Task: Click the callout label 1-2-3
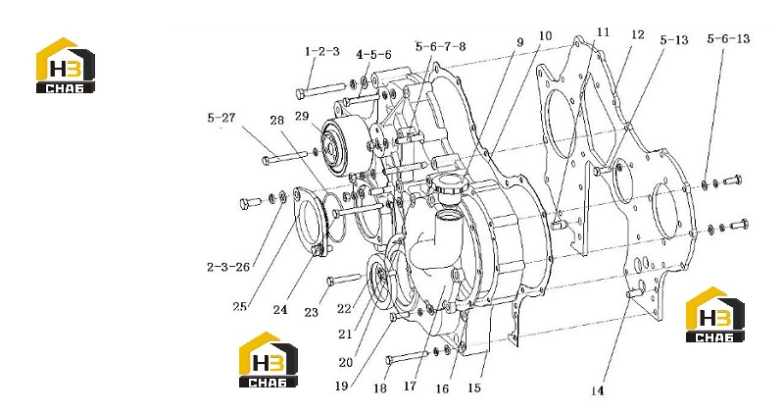point(322,52)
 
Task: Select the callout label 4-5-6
point(373,55)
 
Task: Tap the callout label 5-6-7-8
point(440,46)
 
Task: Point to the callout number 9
point(520,42)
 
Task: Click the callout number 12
point(638,34)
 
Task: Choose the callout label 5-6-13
point(728,38)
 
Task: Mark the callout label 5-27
point(221,118)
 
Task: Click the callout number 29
point(302,116)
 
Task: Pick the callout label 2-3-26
point(228,267)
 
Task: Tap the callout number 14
point(597,390)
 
